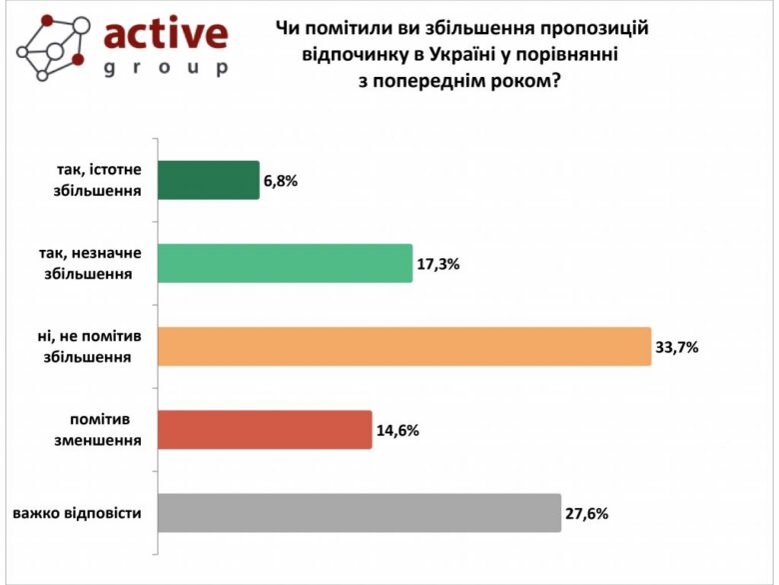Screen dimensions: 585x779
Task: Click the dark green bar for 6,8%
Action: [209, 180]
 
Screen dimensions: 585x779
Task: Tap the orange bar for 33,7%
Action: [404, 346]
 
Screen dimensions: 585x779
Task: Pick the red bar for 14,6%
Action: [266, 430]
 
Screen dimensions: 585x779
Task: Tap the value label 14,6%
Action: [396, 431]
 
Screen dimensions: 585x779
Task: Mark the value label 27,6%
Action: [587, 514]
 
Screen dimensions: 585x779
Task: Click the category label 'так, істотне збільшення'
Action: [96, 181]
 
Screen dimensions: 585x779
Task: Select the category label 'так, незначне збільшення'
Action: [92, 264]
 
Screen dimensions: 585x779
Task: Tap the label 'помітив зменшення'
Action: [99, 430]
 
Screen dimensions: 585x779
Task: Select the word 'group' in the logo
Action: [165, 69]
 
